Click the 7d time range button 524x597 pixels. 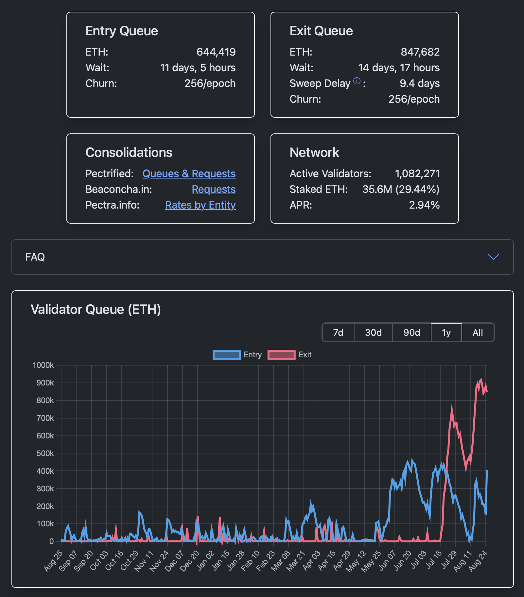tap(338, 333)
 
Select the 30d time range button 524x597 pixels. tap(373, 333)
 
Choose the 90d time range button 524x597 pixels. tap(411, 333)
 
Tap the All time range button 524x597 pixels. tap(478, 333)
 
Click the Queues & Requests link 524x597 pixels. tap(189, 174)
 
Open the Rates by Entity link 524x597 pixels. tap(200, 205)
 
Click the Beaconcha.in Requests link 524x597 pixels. tap(214, 189)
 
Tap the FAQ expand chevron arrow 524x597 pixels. tap(493, 257)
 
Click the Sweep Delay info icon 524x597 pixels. tap(357, 81)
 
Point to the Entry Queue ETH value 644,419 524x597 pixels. tap(216, 52)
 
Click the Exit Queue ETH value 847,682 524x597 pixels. tap(420, 52)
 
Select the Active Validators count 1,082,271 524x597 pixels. tap(417, 174)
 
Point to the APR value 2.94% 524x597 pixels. tap(424, 205)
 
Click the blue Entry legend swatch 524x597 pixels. tap(226, 355)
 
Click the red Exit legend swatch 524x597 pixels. tap(281, 355)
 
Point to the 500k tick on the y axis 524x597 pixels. tap(45, 453)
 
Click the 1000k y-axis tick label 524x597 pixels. tap(43, 365)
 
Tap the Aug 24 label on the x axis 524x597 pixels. tap(478, 561)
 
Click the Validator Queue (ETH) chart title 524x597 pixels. tap(96, 310)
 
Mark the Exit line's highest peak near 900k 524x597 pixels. tap(481, 380)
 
